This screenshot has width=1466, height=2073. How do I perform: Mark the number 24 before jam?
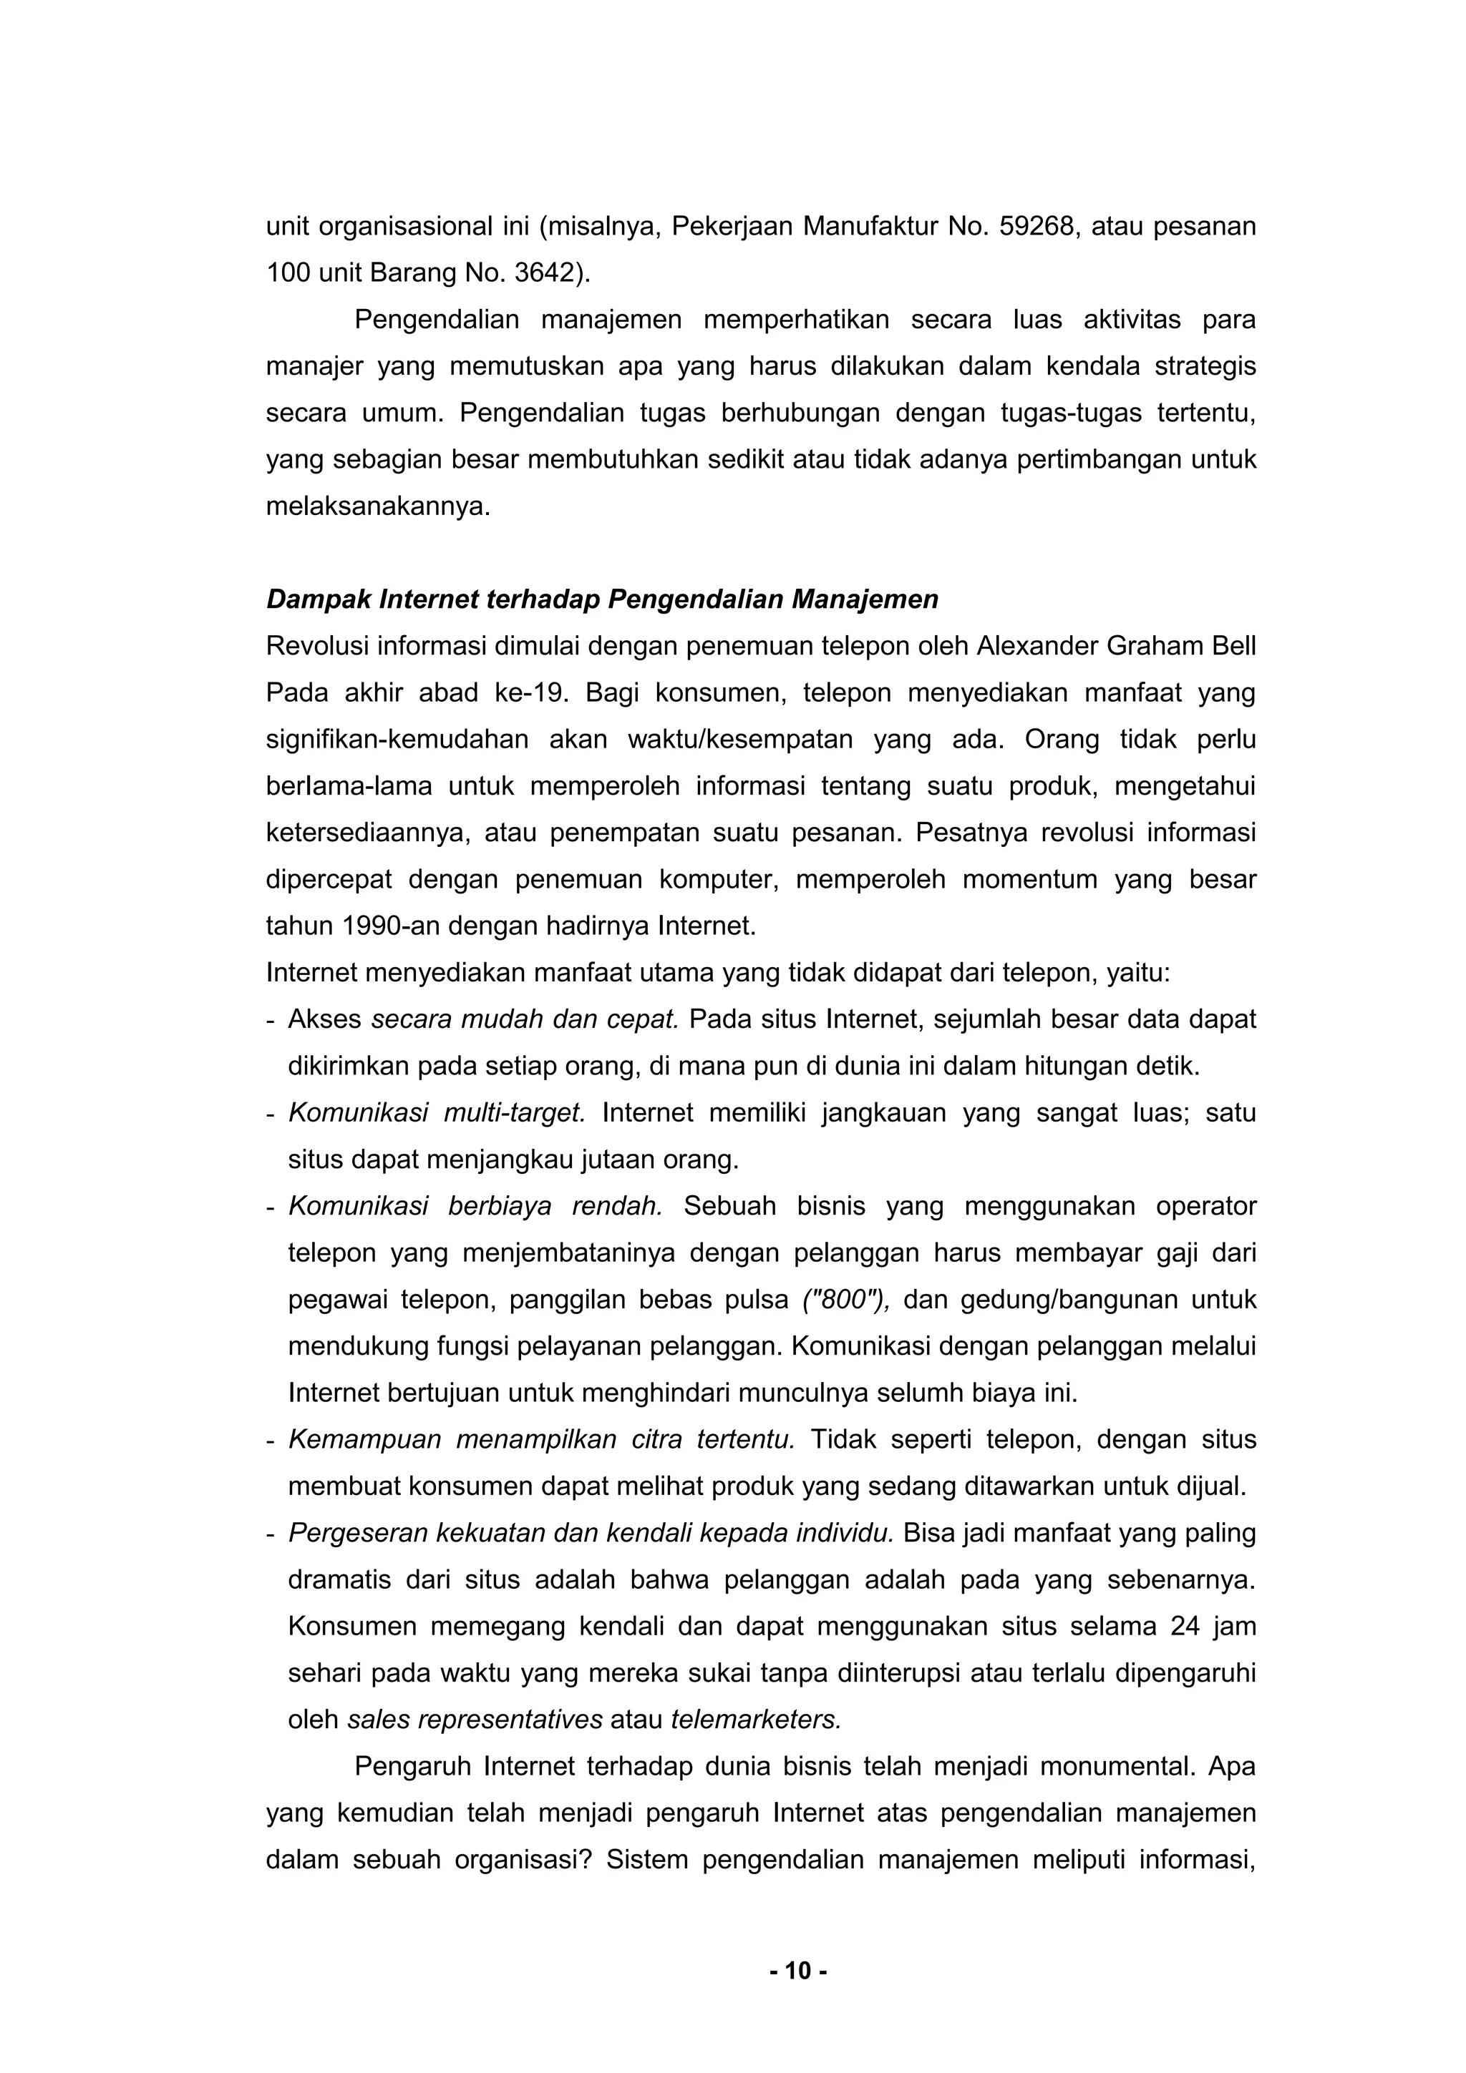pyautogui.click(x=1184, y=1627)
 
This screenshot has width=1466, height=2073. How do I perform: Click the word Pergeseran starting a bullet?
pyautogui.click(x=356, y=1533)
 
